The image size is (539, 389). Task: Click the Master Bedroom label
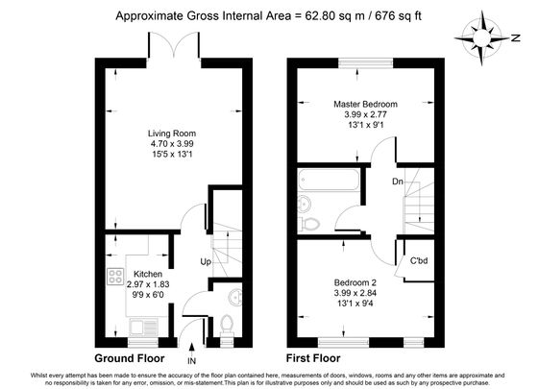(365, 104)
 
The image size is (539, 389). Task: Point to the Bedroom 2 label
(365, 284)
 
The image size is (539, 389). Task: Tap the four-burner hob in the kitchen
(113, 277)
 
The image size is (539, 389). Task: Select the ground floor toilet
(228, 322)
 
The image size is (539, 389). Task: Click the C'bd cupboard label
(420, 260)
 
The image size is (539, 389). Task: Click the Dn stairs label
(397, 180)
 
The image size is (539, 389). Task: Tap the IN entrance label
(192, 361)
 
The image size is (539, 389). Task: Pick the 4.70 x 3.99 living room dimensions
(172, 145)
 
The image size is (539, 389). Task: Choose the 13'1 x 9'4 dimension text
(365, 307)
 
